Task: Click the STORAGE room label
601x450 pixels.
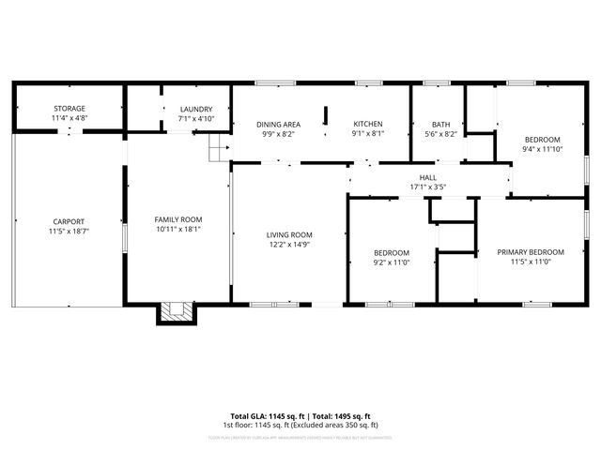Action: (x=69, y=109)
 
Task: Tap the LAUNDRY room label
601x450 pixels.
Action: (x=196, y=109)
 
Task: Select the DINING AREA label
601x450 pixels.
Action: (x=278, y=125)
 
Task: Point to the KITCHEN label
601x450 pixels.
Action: (x=367, y=125)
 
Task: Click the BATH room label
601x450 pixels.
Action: (x=440, y=125)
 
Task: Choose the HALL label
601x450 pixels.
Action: (x=427, y=177)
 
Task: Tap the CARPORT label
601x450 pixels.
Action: (x=68, y=220)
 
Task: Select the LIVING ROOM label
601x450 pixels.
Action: (x=289, y=235)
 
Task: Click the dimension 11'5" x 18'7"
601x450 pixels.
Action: (x=68, y=231)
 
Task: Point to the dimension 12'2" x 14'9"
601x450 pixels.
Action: (x=289, y=246)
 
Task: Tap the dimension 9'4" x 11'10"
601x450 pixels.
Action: (x=542, y=149)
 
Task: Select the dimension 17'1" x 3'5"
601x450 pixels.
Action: (x=427, y=187)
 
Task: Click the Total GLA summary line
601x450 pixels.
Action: (x=300, y=416)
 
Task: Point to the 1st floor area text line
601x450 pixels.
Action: (x=300, y=426)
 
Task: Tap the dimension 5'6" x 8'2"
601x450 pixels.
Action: (x=440, y=135)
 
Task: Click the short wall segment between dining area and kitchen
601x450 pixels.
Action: (x=325, y=116)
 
